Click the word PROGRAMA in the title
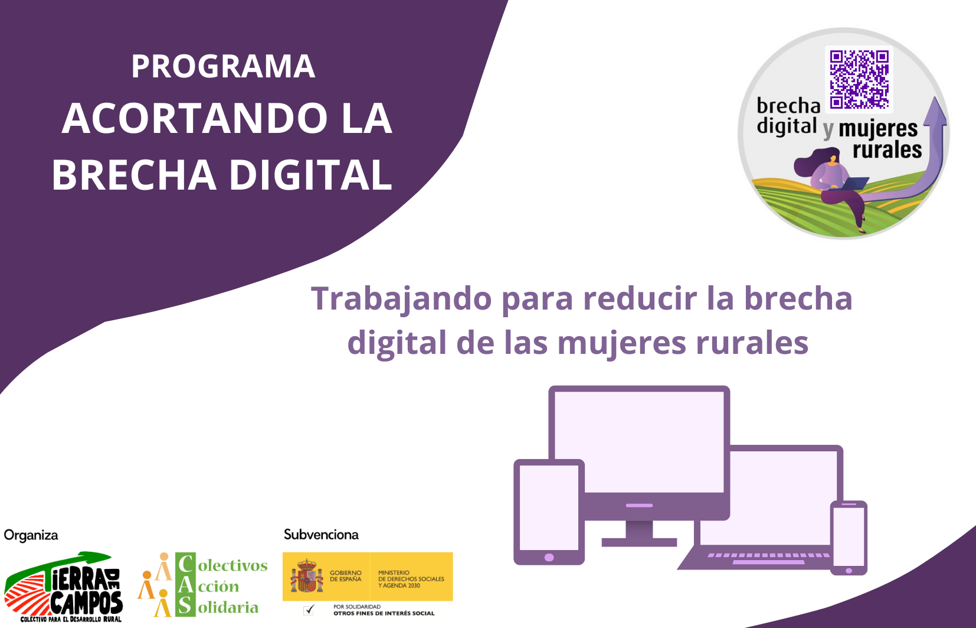223,66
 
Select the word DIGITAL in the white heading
310,175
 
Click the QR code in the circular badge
859,79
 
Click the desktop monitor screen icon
638,442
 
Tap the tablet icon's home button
549,557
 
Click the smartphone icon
849,538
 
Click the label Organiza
31,536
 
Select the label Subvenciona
321,535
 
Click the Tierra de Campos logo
64,587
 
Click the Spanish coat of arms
307,575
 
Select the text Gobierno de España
346,575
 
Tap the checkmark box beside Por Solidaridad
309,610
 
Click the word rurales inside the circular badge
887,150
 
